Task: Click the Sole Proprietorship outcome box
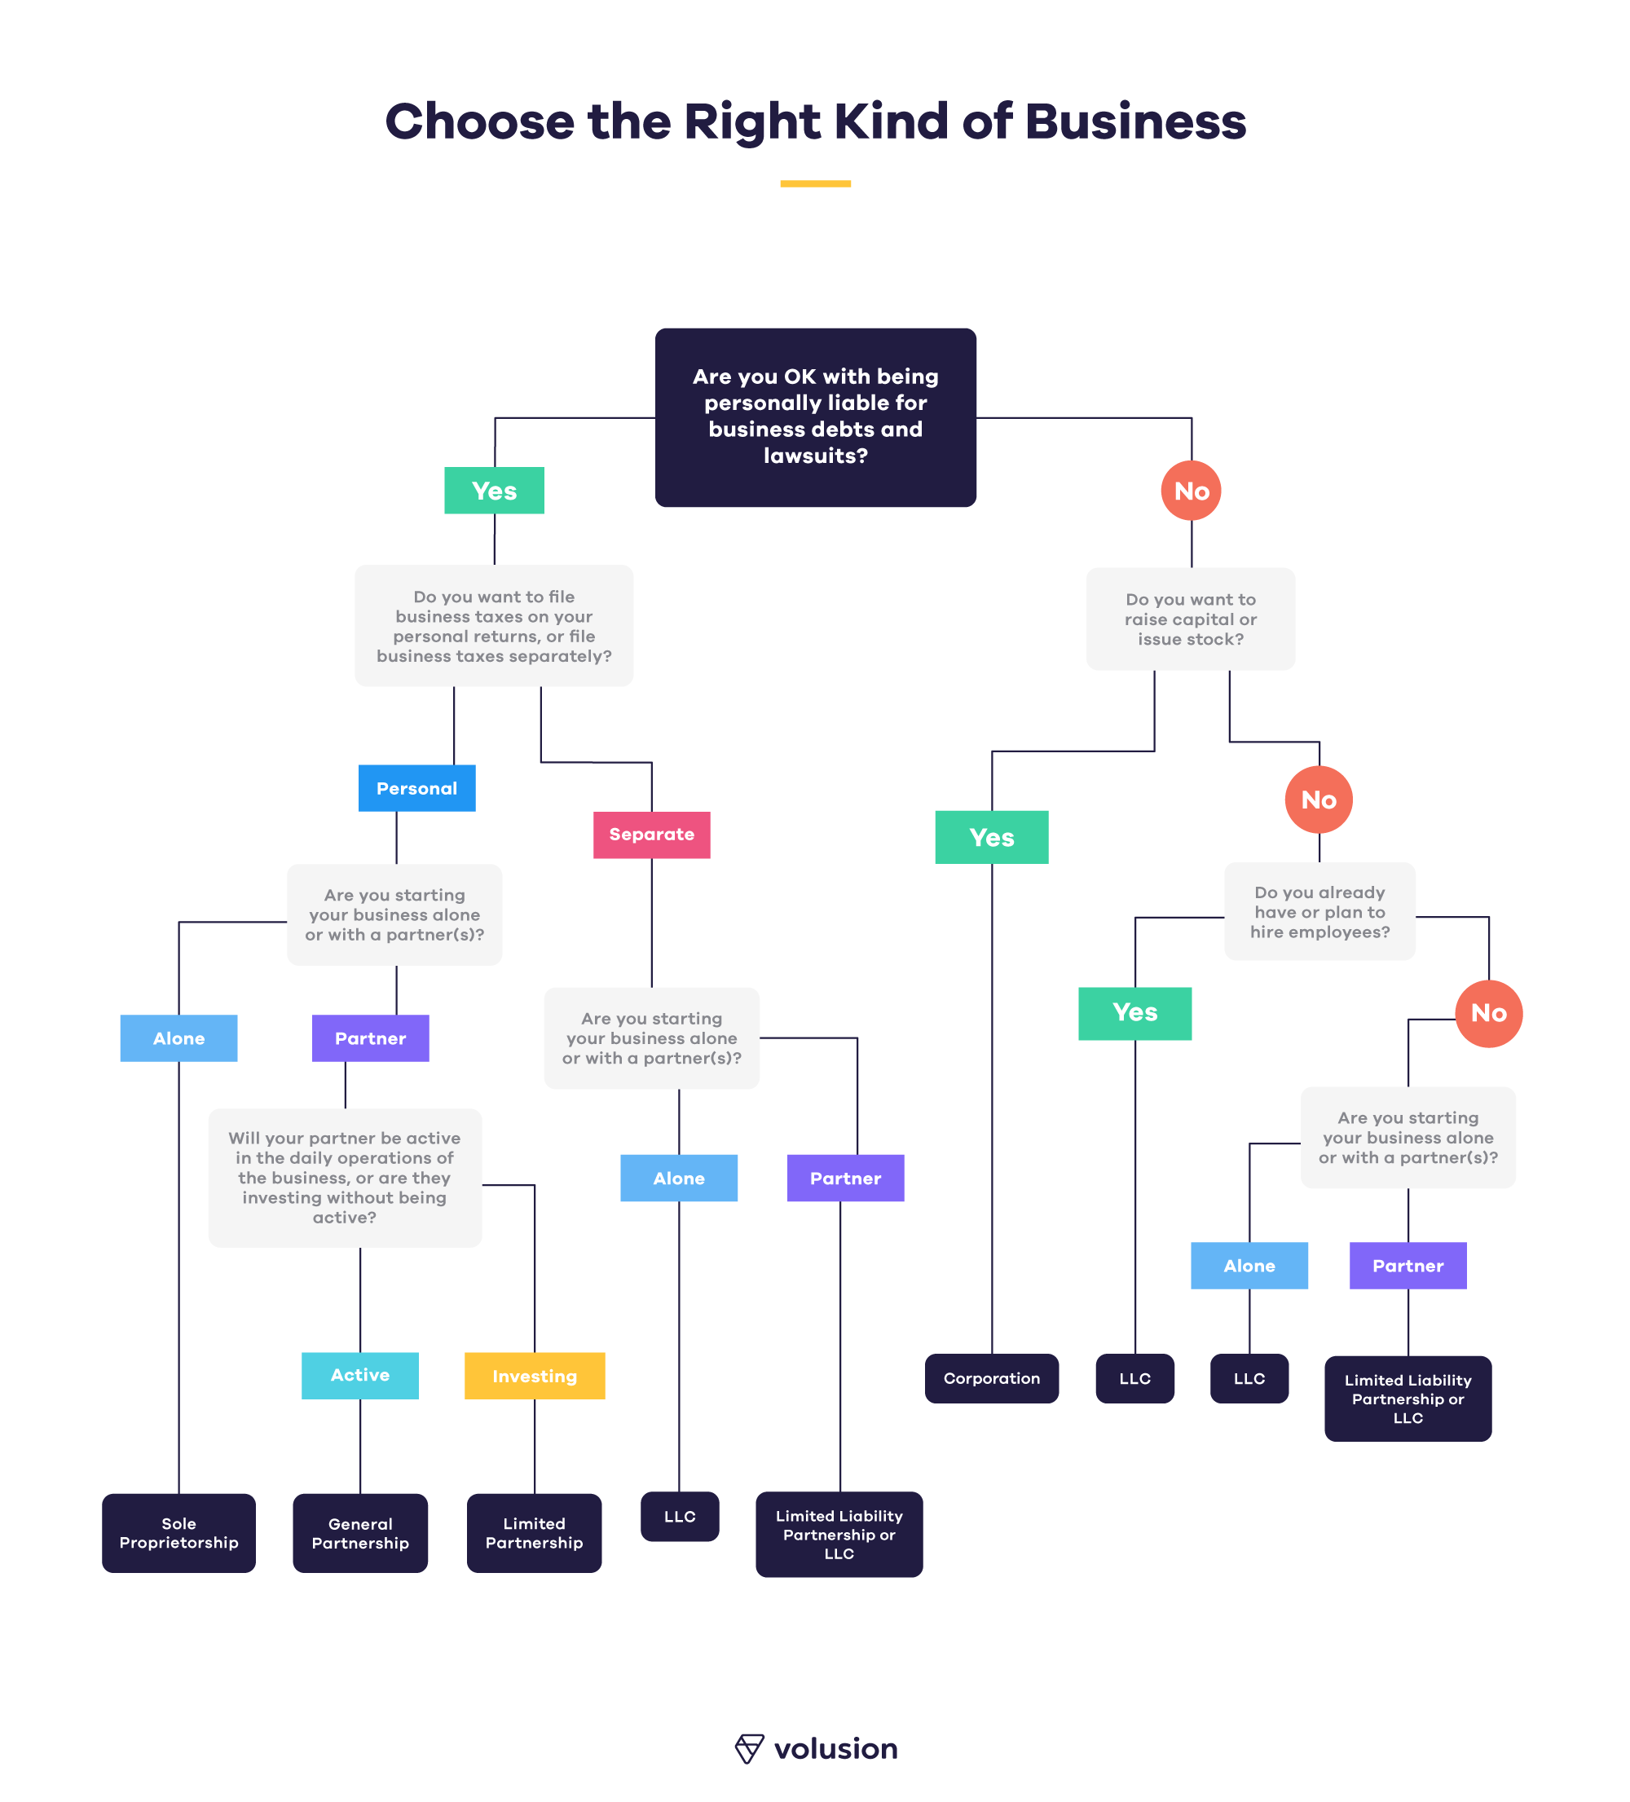coord(178,1532)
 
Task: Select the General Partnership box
coord(360,1532)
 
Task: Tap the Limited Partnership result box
coord(534,1532)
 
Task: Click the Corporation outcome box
coord(991,1377)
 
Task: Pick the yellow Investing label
coord(535,1375)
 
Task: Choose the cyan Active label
coord(360,1374)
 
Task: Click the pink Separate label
coord(651,834)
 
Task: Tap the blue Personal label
coord(416,787)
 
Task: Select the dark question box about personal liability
coord(815,416)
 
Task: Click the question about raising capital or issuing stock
coord(1191,619)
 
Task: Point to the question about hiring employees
coord(1319,911)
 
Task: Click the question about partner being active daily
coord(345,1176)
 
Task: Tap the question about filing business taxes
coord(493,625)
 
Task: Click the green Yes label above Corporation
coord(991,837)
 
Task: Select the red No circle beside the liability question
coord(1191,490)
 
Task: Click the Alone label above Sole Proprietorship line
coord(178,1037)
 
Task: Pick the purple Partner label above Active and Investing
coord(370,1037)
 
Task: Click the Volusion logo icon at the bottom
coord(749,1747)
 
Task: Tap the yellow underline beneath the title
coord(815,183)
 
